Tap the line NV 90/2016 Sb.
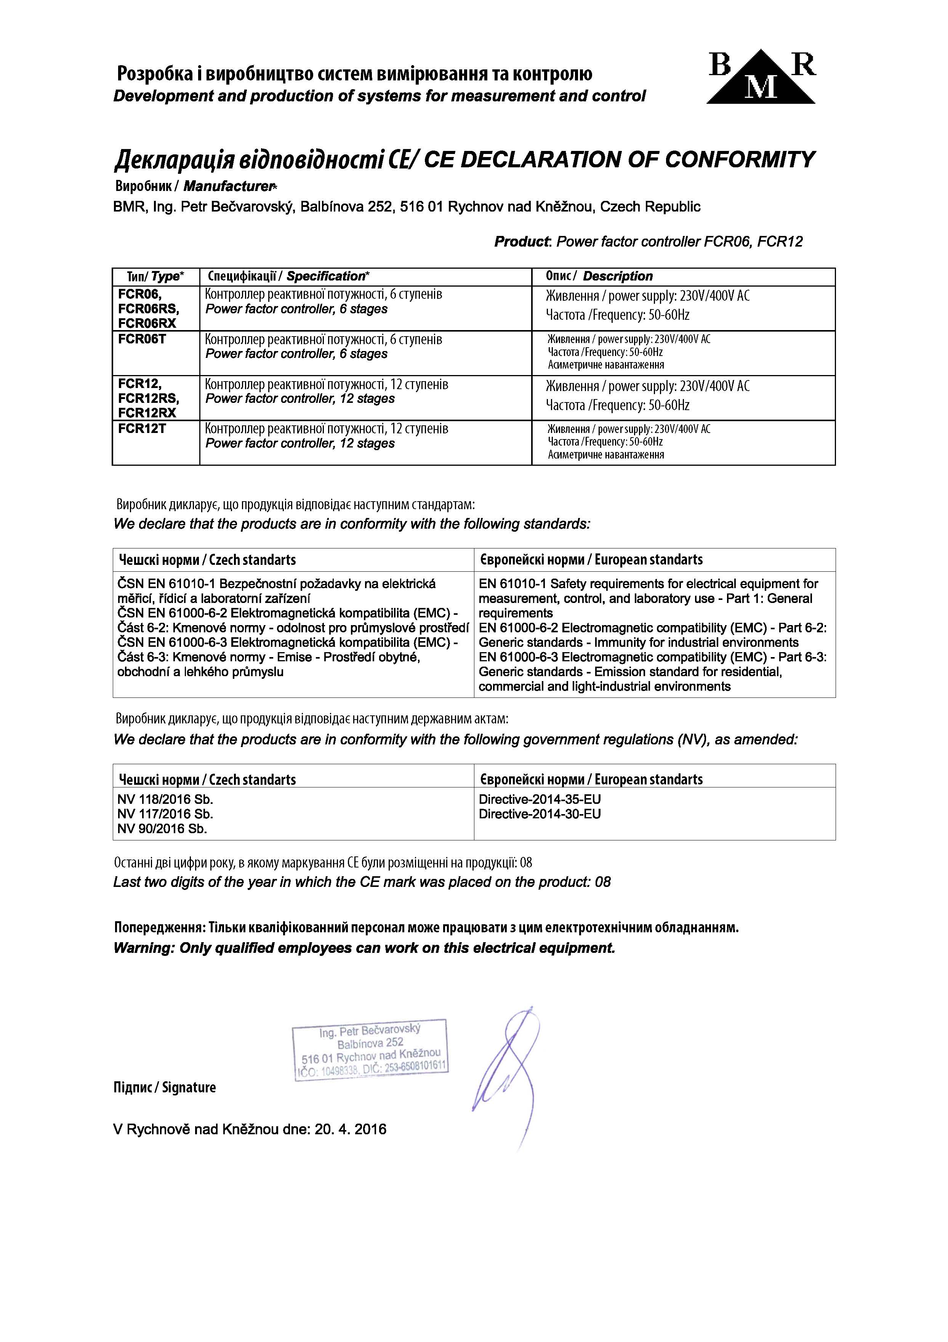pyautogui.click(x=162, y=829)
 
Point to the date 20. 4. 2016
pyautogui.click(x=350, y=1129)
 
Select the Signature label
pyautogui.click(x=189, y=1087)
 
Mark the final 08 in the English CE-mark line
pyautogui.click(x=602, y=882)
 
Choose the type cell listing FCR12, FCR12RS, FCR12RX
pyautogui.click(x=149, y=398)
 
